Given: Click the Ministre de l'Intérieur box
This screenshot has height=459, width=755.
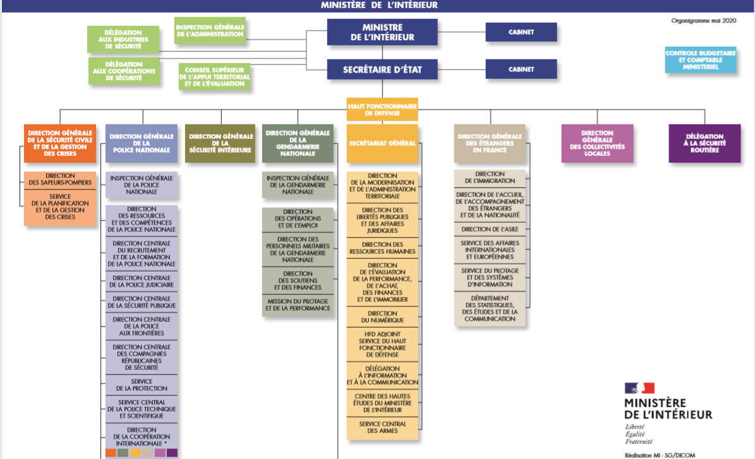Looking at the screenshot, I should tap(382, 32).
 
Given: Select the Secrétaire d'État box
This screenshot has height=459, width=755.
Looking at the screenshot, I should tap(382, 69).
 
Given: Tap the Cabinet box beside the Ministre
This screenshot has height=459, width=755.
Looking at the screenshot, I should tap(521, 32).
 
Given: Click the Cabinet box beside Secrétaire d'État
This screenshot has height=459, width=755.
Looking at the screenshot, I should tap(521, 69).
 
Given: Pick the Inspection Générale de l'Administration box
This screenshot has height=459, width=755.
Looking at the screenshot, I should tap(210, 30).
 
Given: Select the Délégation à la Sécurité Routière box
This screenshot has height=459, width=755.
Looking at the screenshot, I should tap(705, 143).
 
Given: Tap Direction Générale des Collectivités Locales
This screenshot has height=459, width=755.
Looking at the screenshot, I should tap(597, 143).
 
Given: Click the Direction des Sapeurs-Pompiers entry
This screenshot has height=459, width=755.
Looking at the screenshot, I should tap(60, 179).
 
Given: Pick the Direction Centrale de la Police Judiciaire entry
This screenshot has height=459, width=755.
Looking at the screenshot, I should tap(142, 282).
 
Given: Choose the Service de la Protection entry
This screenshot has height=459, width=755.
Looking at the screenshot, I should tap(142, 385).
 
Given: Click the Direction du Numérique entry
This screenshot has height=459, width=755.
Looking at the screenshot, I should tap(382, 317).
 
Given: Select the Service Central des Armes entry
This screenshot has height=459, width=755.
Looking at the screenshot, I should tap(382, 427).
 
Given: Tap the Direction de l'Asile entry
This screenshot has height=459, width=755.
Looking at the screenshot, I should tap(490, 229).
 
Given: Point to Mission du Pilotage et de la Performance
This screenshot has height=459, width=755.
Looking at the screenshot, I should tap(298, 306).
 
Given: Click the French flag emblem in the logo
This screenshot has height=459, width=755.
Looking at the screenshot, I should tap(639, 388).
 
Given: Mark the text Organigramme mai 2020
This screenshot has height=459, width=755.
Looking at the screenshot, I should tap(704, 21).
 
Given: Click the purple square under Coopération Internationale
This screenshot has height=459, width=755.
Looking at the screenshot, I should tap(172, 453).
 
